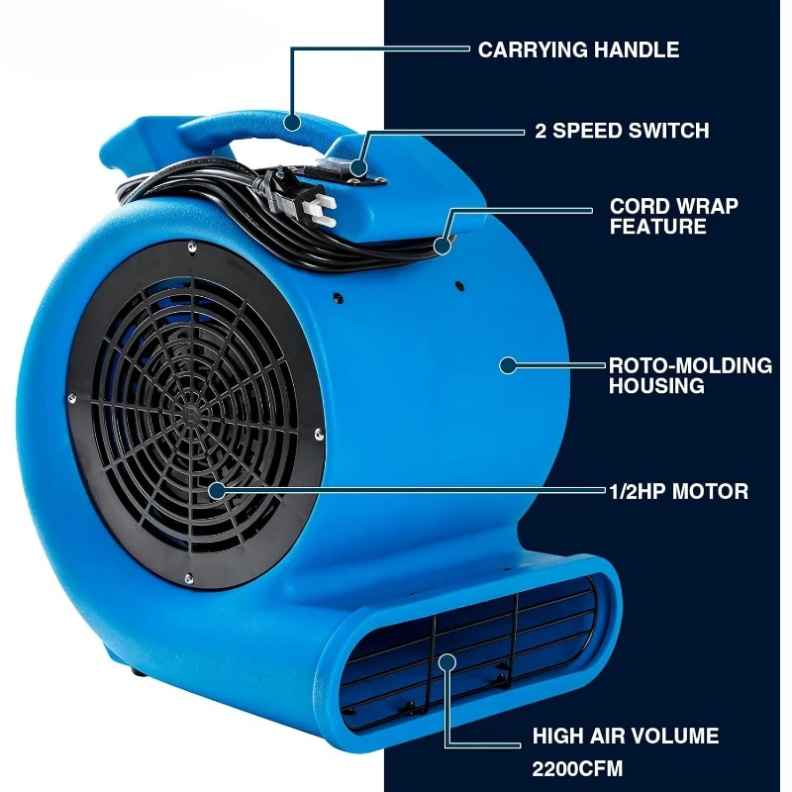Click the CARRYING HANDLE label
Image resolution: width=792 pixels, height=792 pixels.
pos(578,49)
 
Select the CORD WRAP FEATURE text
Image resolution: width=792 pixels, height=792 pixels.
pos(673,217)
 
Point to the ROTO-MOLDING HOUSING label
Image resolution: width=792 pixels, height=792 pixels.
pos(689,375)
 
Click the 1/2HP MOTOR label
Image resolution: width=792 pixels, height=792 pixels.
pos(677,490)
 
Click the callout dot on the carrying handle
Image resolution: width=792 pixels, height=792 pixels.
pos(292,122)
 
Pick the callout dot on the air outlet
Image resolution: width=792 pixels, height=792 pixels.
pos(447,661)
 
